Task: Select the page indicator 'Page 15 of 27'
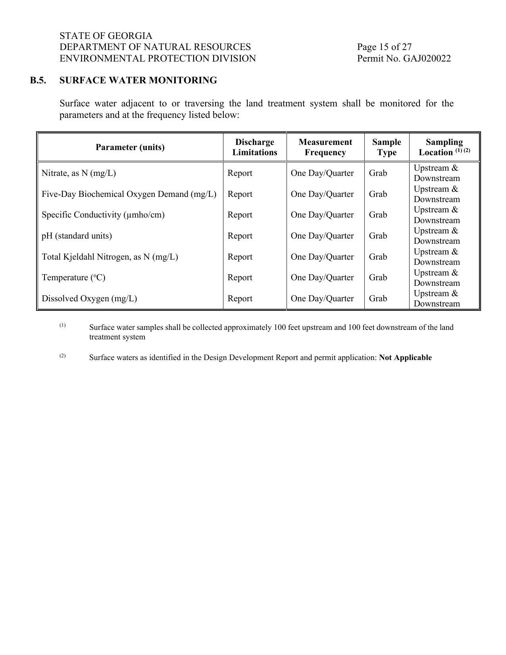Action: pos(384,47)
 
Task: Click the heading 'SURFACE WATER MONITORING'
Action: pos(138,81)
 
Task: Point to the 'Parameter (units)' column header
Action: pos(130,147)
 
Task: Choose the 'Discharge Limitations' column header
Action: pos(254,147)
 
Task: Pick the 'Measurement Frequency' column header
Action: pos(325,147)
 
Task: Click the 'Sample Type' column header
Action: pos(387,147)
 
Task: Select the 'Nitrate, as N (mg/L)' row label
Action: pos(79,173)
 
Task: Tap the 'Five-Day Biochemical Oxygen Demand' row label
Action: pos(129,194)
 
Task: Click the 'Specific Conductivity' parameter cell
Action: pos(103,215)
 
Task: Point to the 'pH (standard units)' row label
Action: pos(77,236)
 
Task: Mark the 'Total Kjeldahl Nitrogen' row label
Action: pos(110,257)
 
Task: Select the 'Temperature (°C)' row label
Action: pos(73,277)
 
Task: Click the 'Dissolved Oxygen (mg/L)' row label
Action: pos(89,299)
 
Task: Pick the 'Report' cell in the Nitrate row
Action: pos(240,173)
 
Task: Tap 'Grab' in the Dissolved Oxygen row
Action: pos(378,299)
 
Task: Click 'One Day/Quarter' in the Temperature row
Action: pos(322,277)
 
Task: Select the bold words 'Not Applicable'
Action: pos(405,358)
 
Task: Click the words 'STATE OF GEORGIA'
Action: pos(106,36)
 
